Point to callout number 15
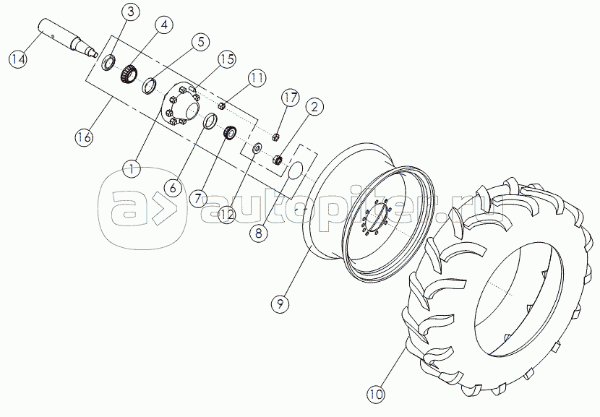coord(228,59)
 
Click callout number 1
coord(131,169)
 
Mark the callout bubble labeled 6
coord(173,186)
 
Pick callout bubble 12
coord(226,213)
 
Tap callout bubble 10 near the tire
coord(375,395)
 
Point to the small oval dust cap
coord(296,171)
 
